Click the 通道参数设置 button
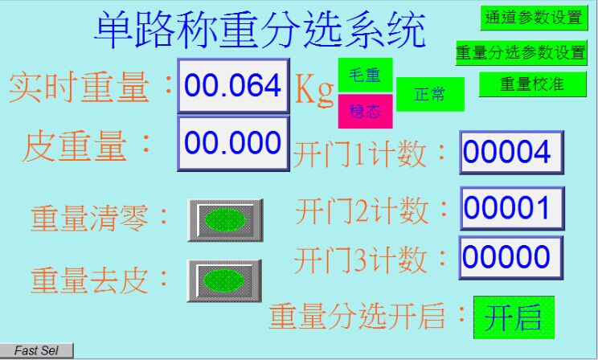534,18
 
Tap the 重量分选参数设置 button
521,52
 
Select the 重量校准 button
532,84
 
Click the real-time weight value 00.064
233,85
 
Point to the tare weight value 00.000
233,143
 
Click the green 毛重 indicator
365,75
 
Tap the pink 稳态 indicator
365,112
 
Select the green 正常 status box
430,94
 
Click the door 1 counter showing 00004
511,152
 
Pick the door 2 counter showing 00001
512,208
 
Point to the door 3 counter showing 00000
511,257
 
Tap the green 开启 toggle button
514,317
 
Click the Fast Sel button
37,350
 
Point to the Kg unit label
314,89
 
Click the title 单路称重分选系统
260,30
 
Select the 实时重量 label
79,88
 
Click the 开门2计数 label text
362,211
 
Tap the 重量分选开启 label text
357,316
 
